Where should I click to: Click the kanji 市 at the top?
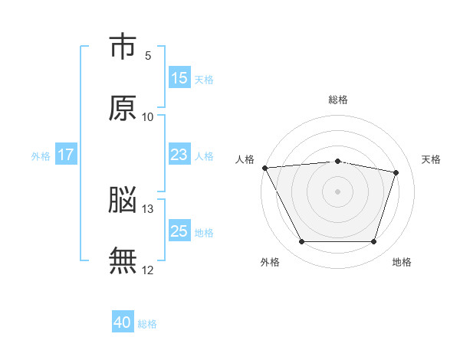coord(123,46)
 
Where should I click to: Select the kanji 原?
coord(123,108)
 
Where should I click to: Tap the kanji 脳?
coord(123,199)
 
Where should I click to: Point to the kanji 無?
coord(123,260)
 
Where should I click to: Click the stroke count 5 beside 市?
coord(148,56)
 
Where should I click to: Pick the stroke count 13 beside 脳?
coord(147,209)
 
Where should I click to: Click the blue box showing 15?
coord(179,77)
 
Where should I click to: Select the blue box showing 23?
coord(179,154)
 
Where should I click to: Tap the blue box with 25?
coord(179,230)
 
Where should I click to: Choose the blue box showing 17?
coord(66,154)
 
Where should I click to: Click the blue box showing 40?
coord(123,321)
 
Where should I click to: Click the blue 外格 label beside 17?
coord(41,156)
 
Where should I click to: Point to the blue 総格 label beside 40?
coord(147,324)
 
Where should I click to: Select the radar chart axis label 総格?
coord(338,100)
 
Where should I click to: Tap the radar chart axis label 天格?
coord(431,159)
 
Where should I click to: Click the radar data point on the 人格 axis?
coord(265,168)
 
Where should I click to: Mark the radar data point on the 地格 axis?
coord(373,241)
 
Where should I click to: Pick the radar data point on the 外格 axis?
coord(302,241)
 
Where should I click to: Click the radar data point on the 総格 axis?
coord(337,162)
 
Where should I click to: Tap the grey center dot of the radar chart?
coord(337,191)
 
